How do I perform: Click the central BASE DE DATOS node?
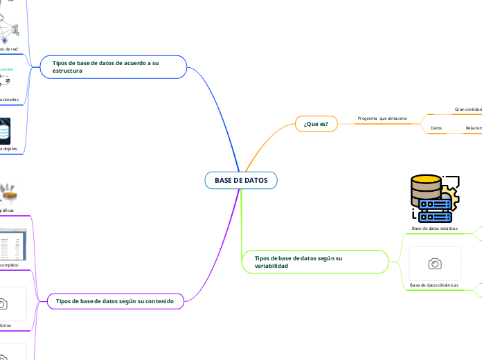pos(240,180)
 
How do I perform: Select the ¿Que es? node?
pos(316,124)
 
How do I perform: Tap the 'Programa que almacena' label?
pos(382,118)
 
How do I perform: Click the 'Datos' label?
pos(436,128)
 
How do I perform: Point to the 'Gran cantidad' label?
pos(467,109)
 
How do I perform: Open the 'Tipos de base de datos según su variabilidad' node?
pos(314,262)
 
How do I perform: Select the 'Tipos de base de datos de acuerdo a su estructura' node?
pos(114,66)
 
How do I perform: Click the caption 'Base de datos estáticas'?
pos(434,228)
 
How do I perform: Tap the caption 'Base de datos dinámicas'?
pos(434,285)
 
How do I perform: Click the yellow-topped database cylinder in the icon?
pos(426,186)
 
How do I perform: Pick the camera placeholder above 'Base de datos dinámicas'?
pos(435,263)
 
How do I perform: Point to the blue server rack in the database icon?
pos(435,205)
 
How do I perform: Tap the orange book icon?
pos(8,192)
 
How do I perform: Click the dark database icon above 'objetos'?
pos(6,130)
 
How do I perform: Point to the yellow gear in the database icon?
pos(451,188)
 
